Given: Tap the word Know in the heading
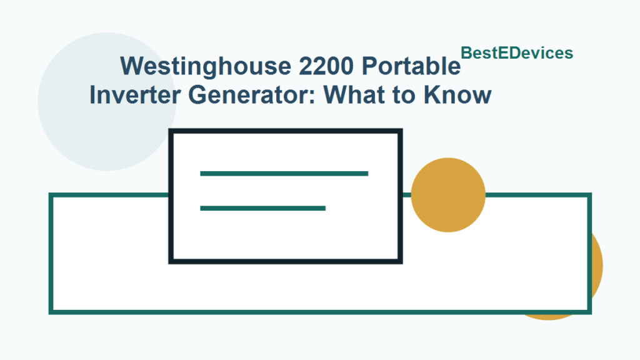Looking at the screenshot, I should pyautogui.click(x=458, y=96).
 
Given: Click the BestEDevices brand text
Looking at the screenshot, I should pyautogui.click(x=517, y=53).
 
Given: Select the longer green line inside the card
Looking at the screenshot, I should pyautogui.click(x=284, y=173).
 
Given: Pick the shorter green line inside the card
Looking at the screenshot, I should pyautogui.click(x=262, y=208).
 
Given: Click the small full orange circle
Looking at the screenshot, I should pyautogui.click(x=448, y=195).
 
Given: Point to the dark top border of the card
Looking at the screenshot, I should pyautogui.click(x=285, y=132).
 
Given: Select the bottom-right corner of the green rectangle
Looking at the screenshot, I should pyautogui.click(x=589, y=311).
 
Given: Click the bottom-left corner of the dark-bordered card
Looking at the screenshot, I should pyautogui.click(x=172, y=261).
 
